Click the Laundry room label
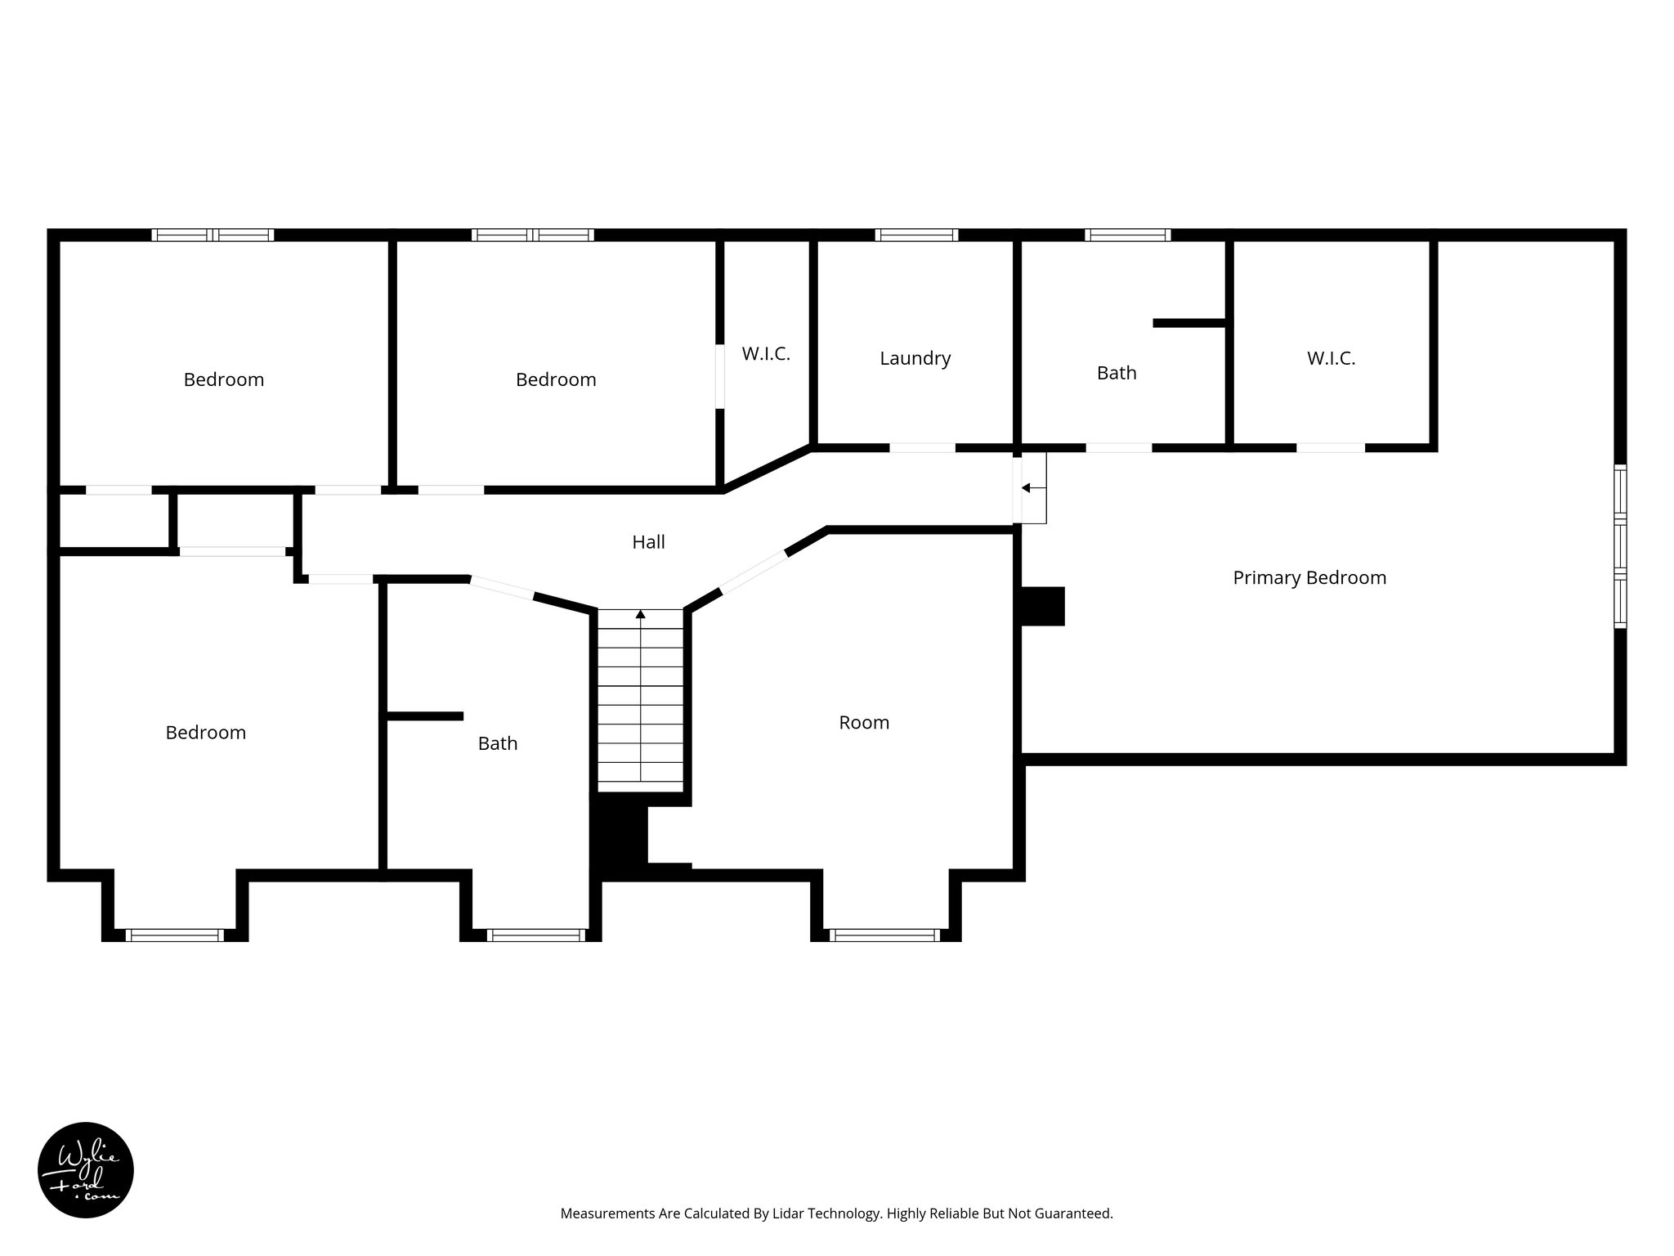coord(915,358)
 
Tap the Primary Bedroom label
coord(1309,578)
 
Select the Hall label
coord(648,542)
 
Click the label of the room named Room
coord(863,723)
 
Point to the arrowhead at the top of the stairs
coord(641,613)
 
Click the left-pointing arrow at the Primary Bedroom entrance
coord(1027,488)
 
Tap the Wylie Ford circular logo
coord(86,1170)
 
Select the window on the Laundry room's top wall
coord(915,235)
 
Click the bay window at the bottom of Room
coord(884,935)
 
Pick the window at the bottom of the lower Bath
coord(536,935)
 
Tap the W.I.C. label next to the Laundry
coord(766,354)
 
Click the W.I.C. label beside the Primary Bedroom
coord(1331,358)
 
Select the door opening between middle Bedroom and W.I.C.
coord(720,376)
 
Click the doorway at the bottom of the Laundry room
coord(922,447)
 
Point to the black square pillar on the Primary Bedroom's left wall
coord(1042,606)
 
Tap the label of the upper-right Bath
coord(1116,373)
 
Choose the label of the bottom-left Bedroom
coord(205,733)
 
